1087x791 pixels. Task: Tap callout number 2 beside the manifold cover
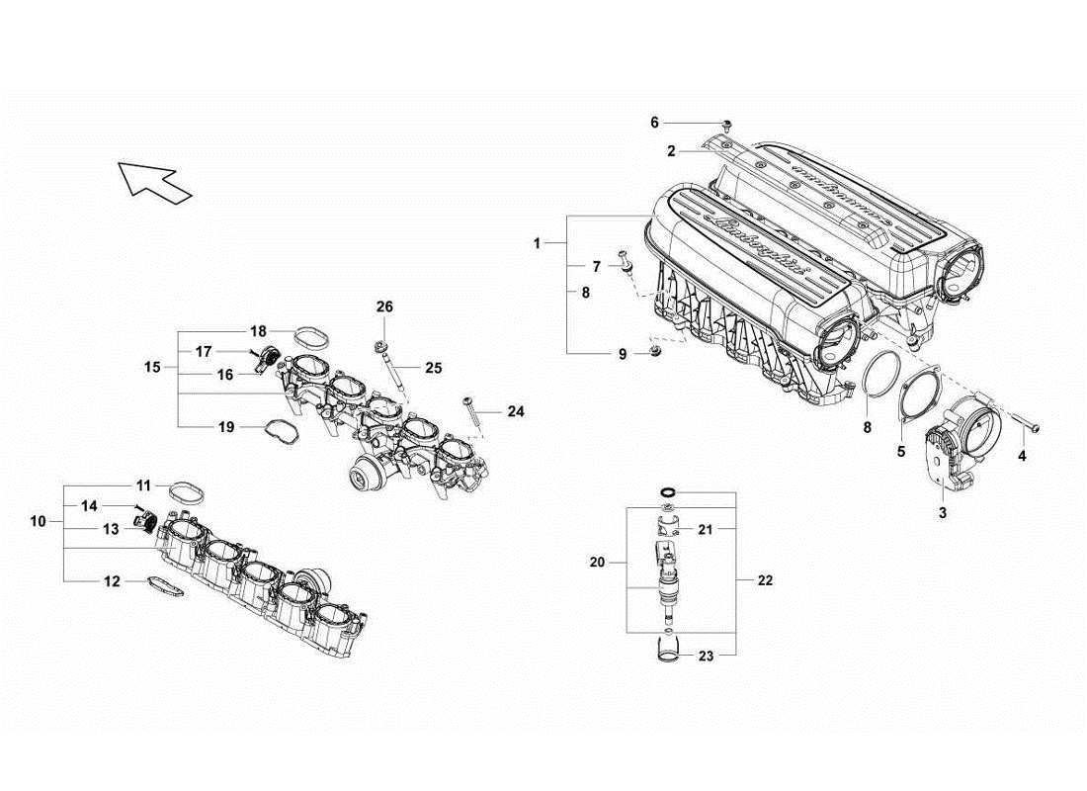coord(671,151)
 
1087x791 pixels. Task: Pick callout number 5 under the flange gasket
coord(900,452)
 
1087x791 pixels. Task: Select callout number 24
coord(517,410)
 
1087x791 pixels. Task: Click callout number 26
coord(384,308)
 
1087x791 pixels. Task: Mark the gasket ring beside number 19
coord(280,431)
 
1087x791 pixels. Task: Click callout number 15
coord(152,367)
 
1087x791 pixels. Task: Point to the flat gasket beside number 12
coord(166,586)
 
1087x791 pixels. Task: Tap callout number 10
coord(38,520)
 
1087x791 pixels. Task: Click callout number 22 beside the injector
coord(764,581)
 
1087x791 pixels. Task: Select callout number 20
coord(597,563)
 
